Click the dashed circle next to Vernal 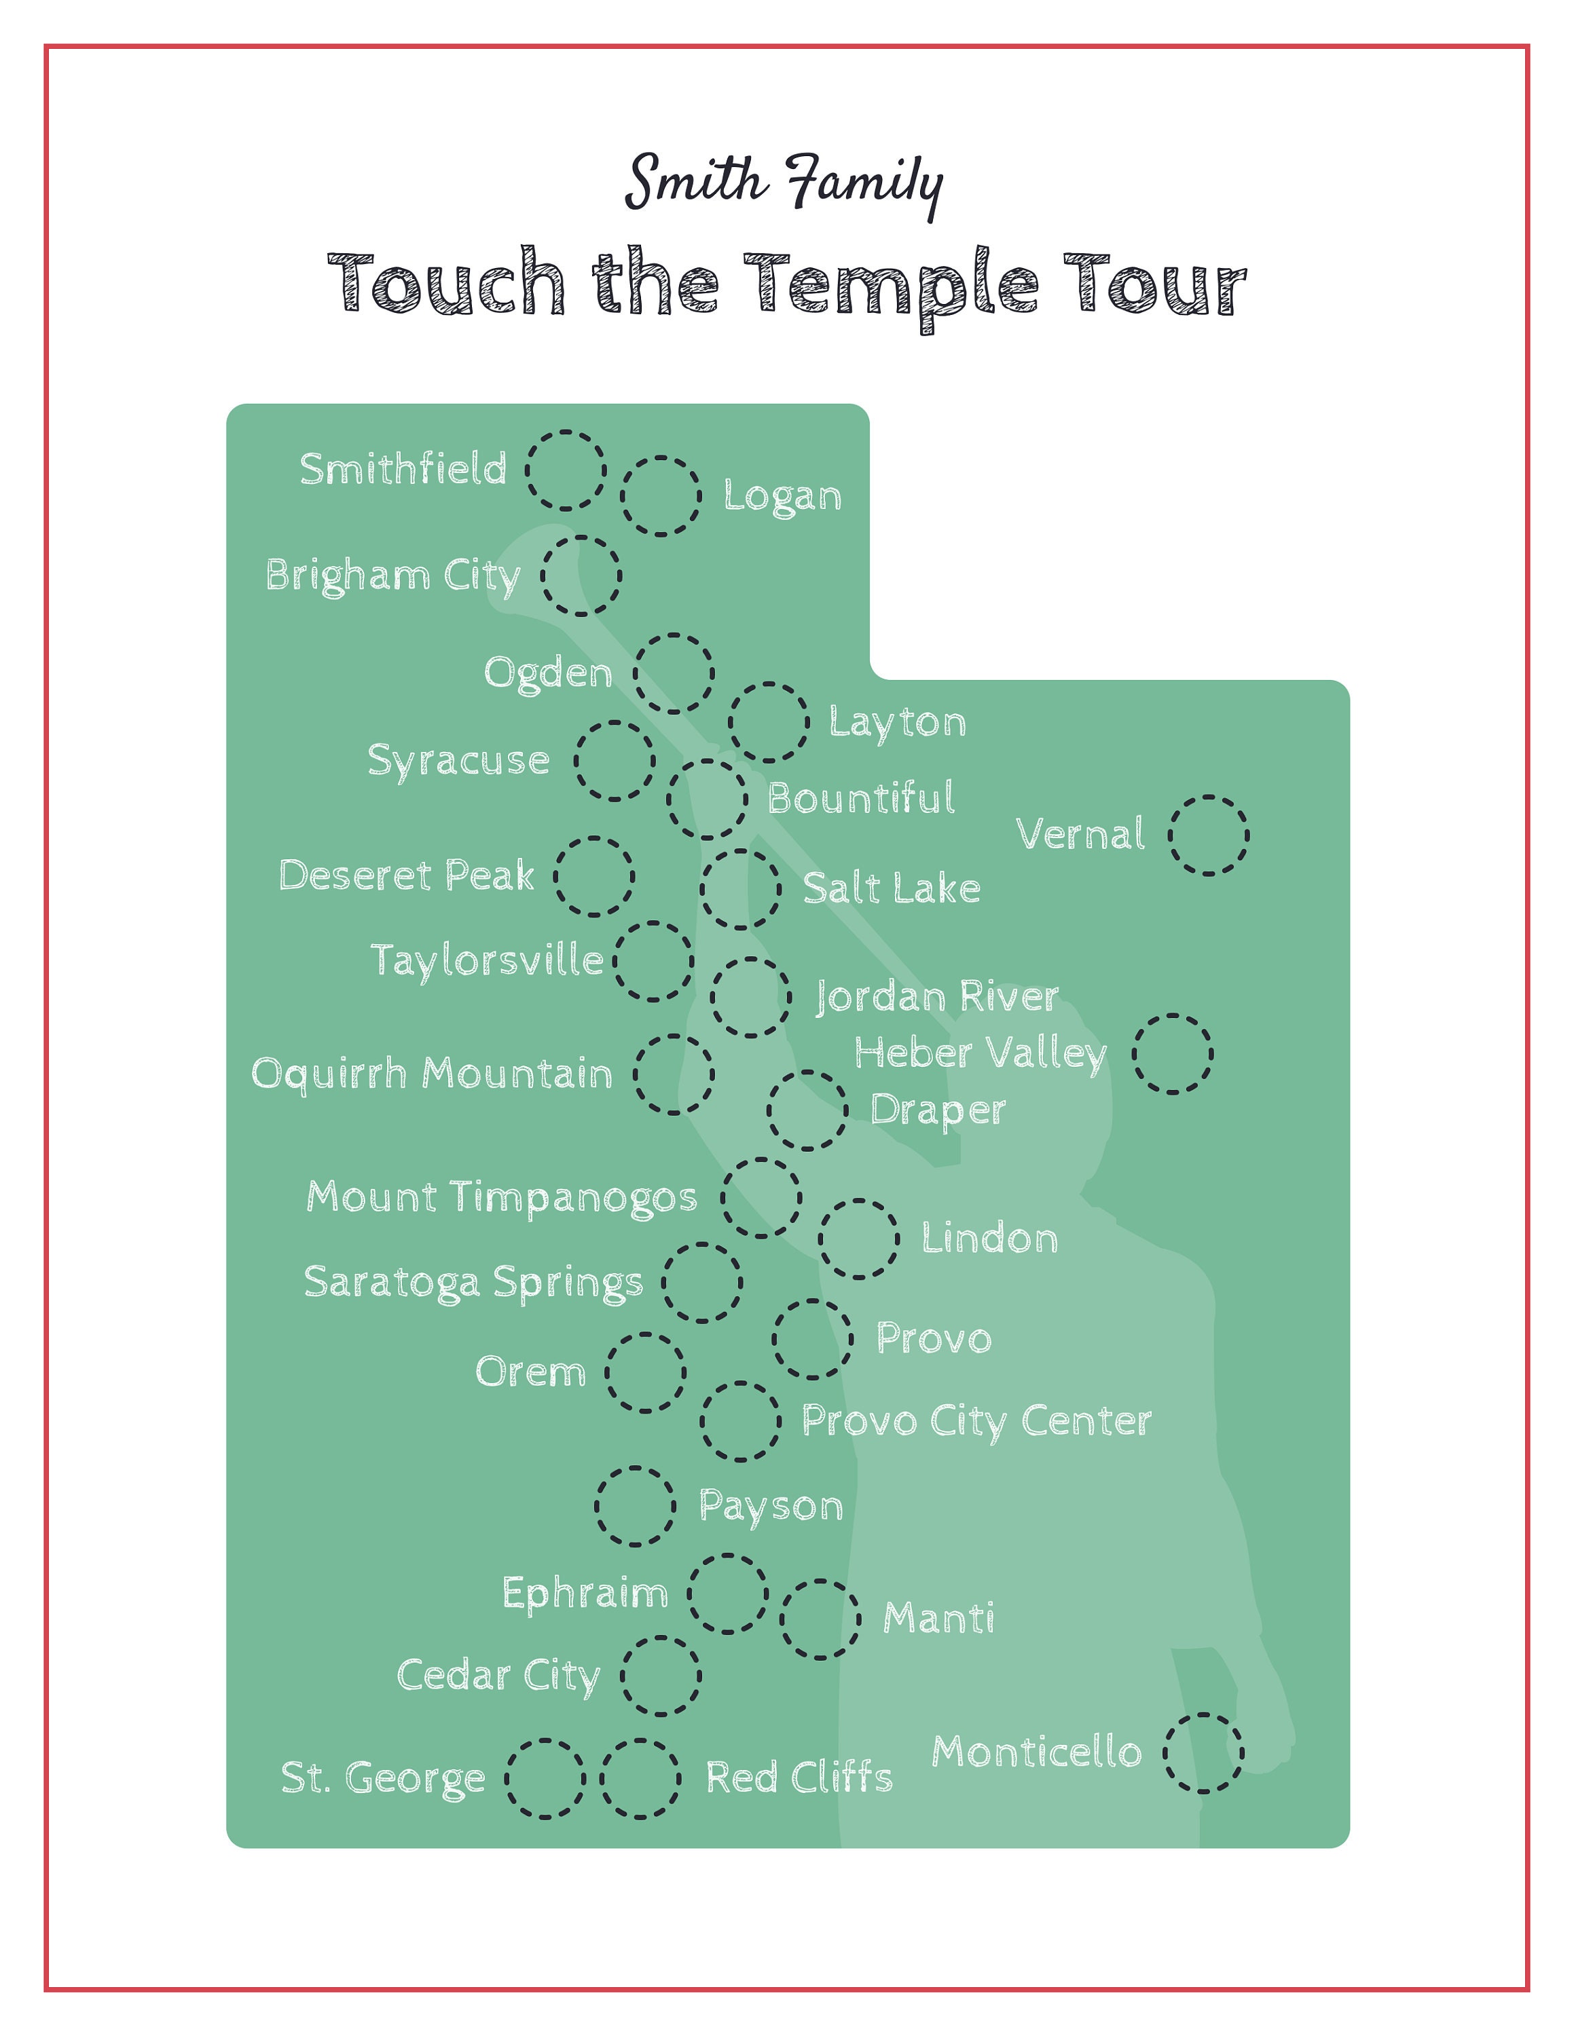[x=1209, y=835]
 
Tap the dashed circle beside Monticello [x=1203, y=1752]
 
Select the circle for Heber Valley [x=1173, y=1055]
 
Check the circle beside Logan [x=661, y=496]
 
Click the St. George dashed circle [x=545, y=1779]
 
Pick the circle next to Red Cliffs [x=640, y=1779]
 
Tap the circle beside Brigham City [x=581, y=576]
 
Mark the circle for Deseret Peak [x=594, y=876]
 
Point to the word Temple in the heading [x=890, y=285]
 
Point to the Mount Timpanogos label [x=502, y=1198]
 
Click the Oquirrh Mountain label [x=432, y=1074]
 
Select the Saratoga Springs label [x=474, y=1283]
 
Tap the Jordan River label [x=937, y=996]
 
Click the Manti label [x=938, y=1619]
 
